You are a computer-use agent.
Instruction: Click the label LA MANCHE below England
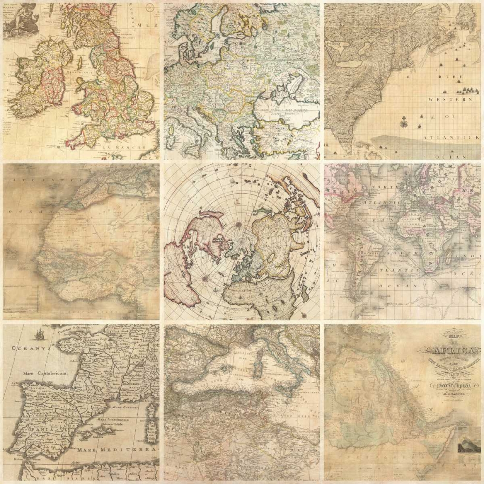click(127, 148)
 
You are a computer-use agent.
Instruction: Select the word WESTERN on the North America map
click(450, 99)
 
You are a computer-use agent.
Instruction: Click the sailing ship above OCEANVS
click(39, 335)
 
